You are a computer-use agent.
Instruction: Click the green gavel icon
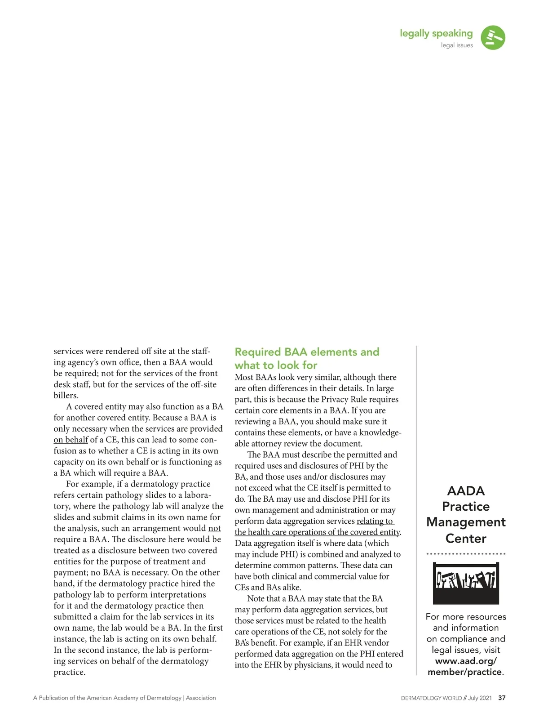(x=493, y=38)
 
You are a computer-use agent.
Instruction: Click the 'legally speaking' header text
(x=436, y=33)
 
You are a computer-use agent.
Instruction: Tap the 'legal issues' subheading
(x=457, y=45)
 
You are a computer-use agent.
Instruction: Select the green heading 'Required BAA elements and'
(x=307, y=352)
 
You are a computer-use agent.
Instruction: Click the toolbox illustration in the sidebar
(x=466, y=583)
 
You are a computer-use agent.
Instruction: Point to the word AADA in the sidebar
(x=466, y=490)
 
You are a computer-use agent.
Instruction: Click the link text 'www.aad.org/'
(x=466, y=661)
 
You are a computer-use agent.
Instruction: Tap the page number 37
(x=502, y=698)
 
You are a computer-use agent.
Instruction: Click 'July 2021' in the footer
(x=480, y=698)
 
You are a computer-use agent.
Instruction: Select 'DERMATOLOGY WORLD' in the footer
(x=431, y=698)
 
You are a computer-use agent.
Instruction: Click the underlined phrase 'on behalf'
(x=71, y=440)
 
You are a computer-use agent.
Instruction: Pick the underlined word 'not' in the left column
(x=215, y=528)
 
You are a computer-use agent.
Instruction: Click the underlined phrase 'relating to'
(x=375, y=521)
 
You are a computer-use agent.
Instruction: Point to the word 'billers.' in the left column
(x=66, y=396)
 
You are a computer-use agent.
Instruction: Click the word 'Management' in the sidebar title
(x=466, y=522)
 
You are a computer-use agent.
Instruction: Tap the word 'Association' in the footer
(x=201, y=698)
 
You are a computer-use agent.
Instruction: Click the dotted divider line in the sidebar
(x=466, y=554)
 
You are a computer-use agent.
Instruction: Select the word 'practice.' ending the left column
(x=69, y=672)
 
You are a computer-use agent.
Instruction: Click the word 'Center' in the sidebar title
(x=466, y=538)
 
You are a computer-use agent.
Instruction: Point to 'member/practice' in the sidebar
(x=464, y=672)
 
